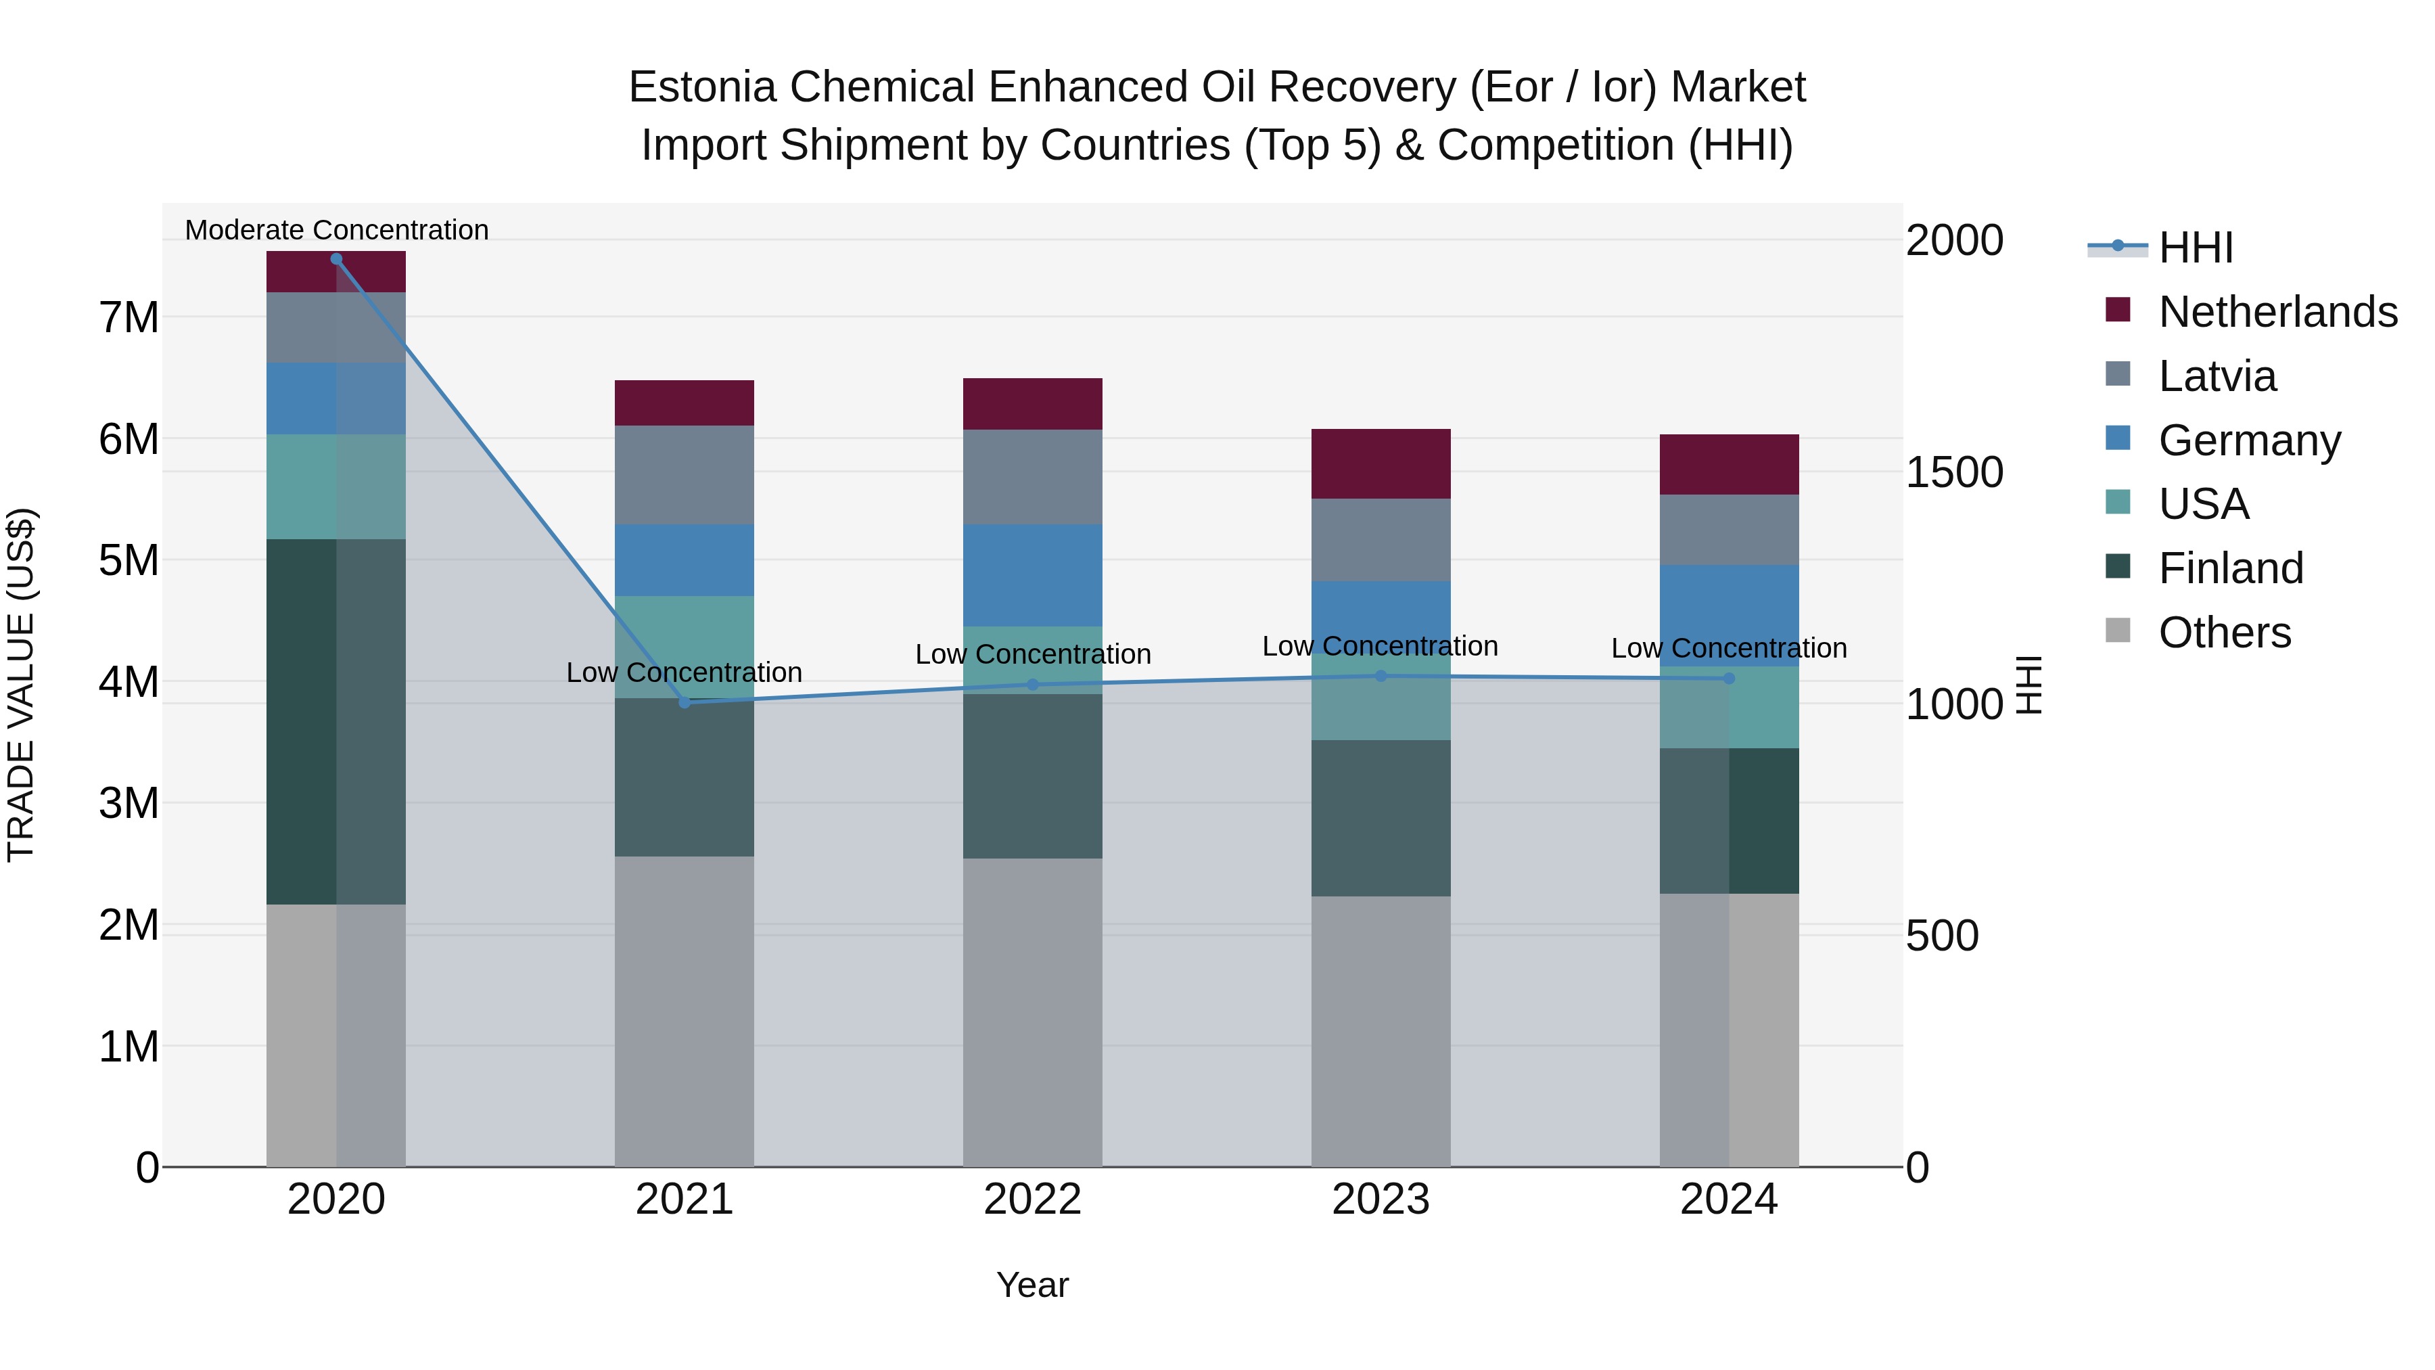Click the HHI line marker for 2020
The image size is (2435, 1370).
coord(337,259)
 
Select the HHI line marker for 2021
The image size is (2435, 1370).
coord(685,702)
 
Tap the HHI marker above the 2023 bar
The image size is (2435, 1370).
coord(1381,676)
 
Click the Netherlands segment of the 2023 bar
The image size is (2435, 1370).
coord(1381,463)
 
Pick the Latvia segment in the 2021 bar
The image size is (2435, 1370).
coord(685,475)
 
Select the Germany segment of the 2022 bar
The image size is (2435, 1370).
coord(1032,575)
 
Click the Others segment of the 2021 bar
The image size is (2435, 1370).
coord(685,1011)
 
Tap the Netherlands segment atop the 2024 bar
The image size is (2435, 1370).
coord(1729,464)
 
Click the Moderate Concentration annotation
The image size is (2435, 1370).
coord(337,230)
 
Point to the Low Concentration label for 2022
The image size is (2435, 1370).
coord(1032,654)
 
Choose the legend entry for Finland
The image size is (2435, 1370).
coord(2230,568)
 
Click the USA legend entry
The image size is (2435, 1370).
coord(2202,504)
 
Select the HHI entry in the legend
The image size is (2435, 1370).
coord(2195,248)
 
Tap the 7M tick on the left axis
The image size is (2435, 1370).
coord(129,318)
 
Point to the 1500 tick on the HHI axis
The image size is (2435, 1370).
coord(1953,473)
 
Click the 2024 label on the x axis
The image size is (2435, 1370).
coord(1729,1200)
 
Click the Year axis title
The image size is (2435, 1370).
coord(1032,1285)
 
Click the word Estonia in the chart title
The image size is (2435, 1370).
coord(702,87)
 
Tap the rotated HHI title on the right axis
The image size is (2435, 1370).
coord(2029,685)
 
